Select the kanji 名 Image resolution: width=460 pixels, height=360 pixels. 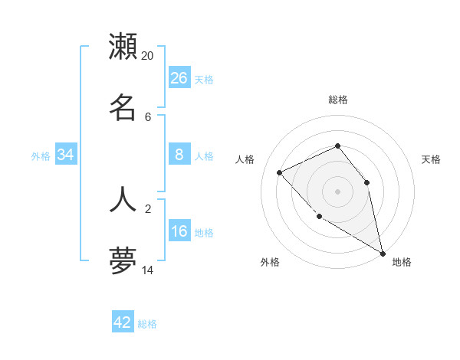(x=123, y=107)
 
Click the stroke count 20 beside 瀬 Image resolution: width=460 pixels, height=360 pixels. (x=148, y=55)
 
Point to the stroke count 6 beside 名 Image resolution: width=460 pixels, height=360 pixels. (x=148, y=116)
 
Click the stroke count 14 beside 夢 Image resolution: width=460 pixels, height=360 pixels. (x=148, y=270)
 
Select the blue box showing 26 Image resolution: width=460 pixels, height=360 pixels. (x=179, y=78)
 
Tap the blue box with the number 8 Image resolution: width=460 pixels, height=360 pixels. (x=179, y=155)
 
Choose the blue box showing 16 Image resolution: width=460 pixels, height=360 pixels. (x=179, y=231)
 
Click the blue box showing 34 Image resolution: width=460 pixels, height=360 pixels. (x=66, y=155)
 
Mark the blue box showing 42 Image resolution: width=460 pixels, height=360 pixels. (x=123, y=322)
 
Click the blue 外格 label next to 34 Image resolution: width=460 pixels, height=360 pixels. (x=41, y=156)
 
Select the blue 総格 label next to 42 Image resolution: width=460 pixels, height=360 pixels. (x=147, y=324)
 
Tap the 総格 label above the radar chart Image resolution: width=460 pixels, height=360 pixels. (x=338, y=100)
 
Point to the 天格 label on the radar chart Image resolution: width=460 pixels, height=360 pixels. (x=432, y=159)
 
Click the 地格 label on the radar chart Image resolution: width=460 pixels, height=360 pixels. (x=402, y=262)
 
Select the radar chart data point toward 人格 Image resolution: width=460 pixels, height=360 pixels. (x=280, y=172)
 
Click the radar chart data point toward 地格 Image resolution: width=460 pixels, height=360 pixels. (x=383, y=253)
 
